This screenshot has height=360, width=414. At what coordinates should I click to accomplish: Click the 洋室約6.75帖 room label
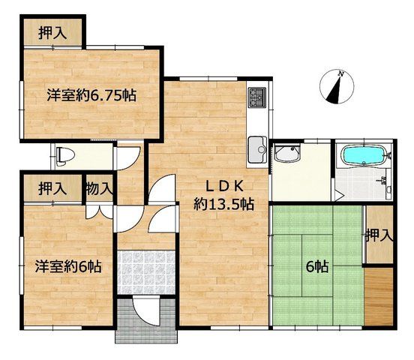[91, 95]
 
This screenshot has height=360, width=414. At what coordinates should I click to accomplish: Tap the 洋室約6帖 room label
[68, 266]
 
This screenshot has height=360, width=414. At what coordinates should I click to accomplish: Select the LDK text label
[224, 187]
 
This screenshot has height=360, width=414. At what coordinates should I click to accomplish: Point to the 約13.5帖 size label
[224, 204]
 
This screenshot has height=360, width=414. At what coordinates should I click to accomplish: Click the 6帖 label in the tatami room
[317, 266]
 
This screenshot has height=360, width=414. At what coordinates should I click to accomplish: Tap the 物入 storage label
[99, 188]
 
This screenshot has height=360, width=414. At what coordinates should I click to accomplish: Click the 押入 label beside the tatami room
[379, 235]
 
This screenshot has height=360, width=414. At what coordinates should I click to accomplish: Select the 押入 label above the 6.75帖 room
[52, 33]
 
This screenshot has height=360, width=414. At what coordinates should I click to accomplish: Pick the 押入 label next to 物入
[52, 188]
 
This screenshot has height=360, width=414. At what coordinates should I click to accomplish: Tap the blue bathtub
[364, 156]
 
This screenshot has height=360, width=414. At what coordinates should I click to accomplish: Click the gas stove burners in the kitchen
[257, 97]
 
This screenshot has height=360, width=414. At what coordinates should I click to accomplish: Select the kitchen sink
[258, 149]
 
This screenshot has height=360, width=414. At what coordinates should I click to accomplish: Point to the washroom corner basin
[286, 153]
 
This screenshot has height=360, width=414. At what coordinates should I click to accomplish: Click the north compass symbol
[337, 87]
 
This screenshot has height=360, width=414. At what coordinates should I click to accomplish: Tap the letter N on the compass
[341, 74]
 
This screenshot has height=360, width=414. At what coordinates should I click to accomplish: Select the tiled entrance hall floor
[145, 272]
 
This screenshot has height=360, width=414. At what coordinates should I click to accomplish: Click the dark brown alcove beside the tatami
[379, 298]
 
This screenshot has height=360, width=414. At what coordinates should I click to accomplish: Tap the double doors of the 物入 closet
[100, 211]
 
